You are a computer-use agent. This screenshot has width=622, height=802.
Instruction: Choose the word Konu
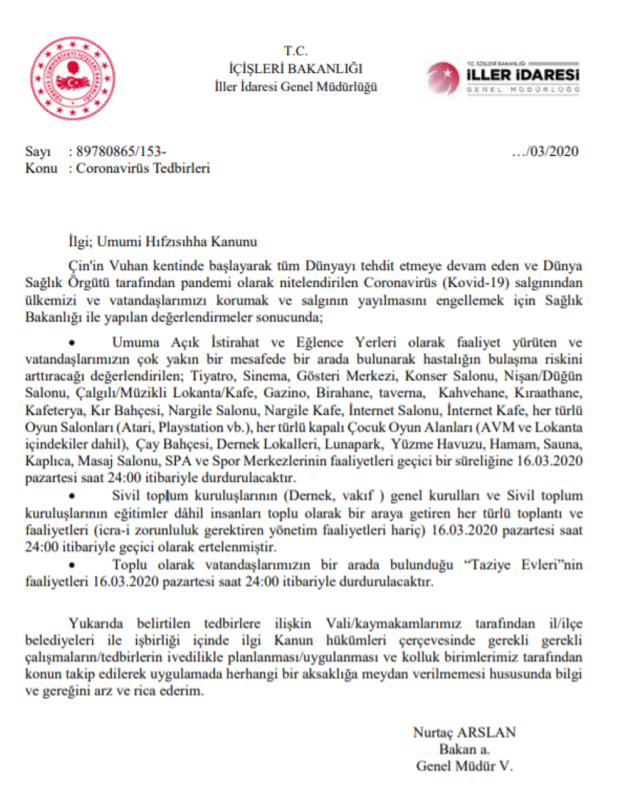coord(40,168)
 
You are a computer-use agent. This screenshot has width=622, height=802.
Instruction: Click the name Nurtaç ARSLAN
coord(464,732)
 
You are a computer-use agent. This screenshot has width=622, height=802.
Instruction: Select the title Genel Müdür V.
coord(464,765)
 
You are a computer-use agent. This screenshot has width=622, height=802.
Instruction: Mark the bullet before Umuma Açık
coord(71,343)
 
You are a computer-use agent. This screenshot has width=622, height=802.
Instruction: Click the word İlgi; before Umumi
coord(79,239)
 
